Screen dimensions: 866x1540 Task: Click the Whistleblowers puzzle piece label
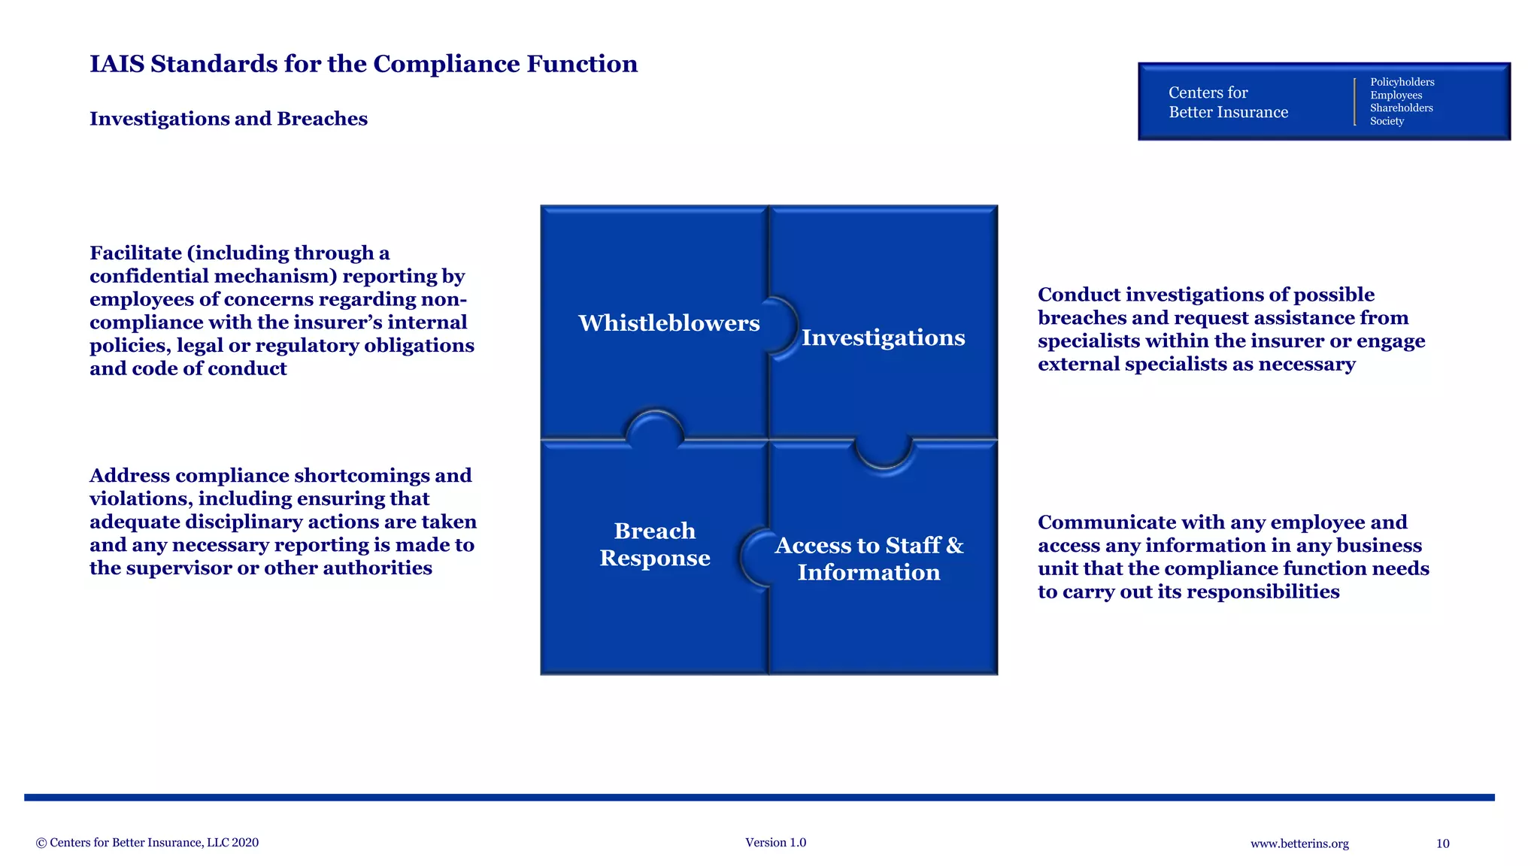coord(668,323)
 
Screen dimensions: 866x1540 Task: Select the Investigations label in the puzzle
coord(883,338)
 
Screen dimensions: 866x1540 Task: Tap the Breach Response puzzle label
coord(654,544)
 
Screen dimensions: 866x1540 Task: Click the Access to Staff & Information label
coord(869,559)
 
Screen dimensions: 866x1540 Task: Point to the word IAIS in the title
coord(117,64)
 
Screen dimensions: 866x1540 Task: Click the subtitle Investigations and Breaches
coord(229,119)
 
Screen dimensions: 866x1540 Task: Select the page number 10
coord(1442,843)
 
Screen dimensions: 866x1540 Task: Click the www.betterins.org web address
coord(1299,843)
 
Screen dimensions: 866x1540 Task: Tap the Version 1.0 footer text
coord(775,843)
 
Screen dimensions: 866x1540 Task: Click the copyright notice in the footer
coord(147,843)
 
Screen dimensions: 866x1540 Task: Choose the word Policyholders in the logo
coord(1402,82)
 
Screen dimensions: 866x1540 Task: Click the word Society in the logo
coord(1387,121)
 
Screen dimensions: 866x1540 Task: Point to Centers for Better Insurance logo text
coord(1227,102)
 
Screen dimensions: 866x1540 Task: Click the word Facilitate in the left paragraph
coord(135,253)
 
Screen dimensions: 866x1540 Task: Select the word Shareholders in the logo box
coord(1401,108)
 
